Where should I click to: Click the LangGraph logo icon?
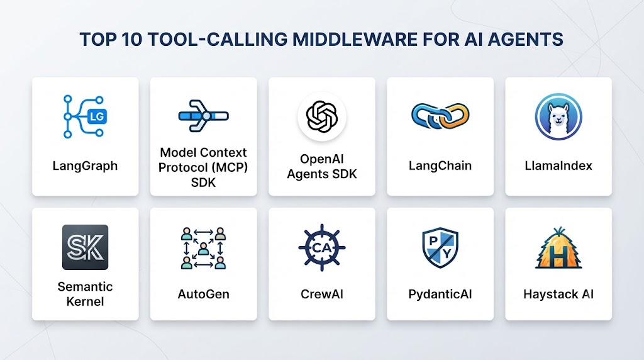pyautogui.click(x=85, y=116)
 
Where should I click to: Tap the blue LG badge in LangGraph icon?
pyautogui.click(x=97, y=116)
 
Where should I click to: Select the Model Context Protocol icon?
pyautogui.click(x=203, y=116)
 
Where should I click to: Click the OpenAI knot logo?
pyautogui.click(x=322, y=116)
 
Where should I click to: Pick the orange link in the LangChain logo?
pyautogui.click(x=454, y=116)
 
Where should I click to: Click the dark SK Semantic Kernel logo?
pyautogui.click(x=85, y=247)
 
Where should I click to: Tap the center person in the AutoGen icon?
pyautogui.click(x=203, y=249)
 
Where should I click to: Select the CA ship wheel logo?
pyautogui.click(x=322, y=247)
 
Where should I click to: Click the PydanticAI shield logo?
pyautogui.click(x=440, y=247)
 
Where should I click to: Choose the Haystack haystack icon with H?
pyautogui.click(x=558, y=248)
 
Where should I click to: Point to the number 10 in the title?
pyautogui.click(x=132, y=40)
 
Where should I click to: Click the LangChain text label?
pyautogui.click(x=440, y=166)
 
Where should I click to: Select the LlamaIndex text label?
pyautogui.click(x=558, y=166)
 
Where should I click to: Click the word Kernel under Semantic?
pyautogui.click(x=85, y=301)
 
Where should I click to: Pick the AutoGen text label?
pyautogui.click(x=203, y=295)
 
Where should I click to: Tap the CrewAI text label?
pyautogui.click(x=322, y=295)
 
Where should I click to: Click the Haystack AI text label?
pyautogui.click(x=558, y=295)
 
